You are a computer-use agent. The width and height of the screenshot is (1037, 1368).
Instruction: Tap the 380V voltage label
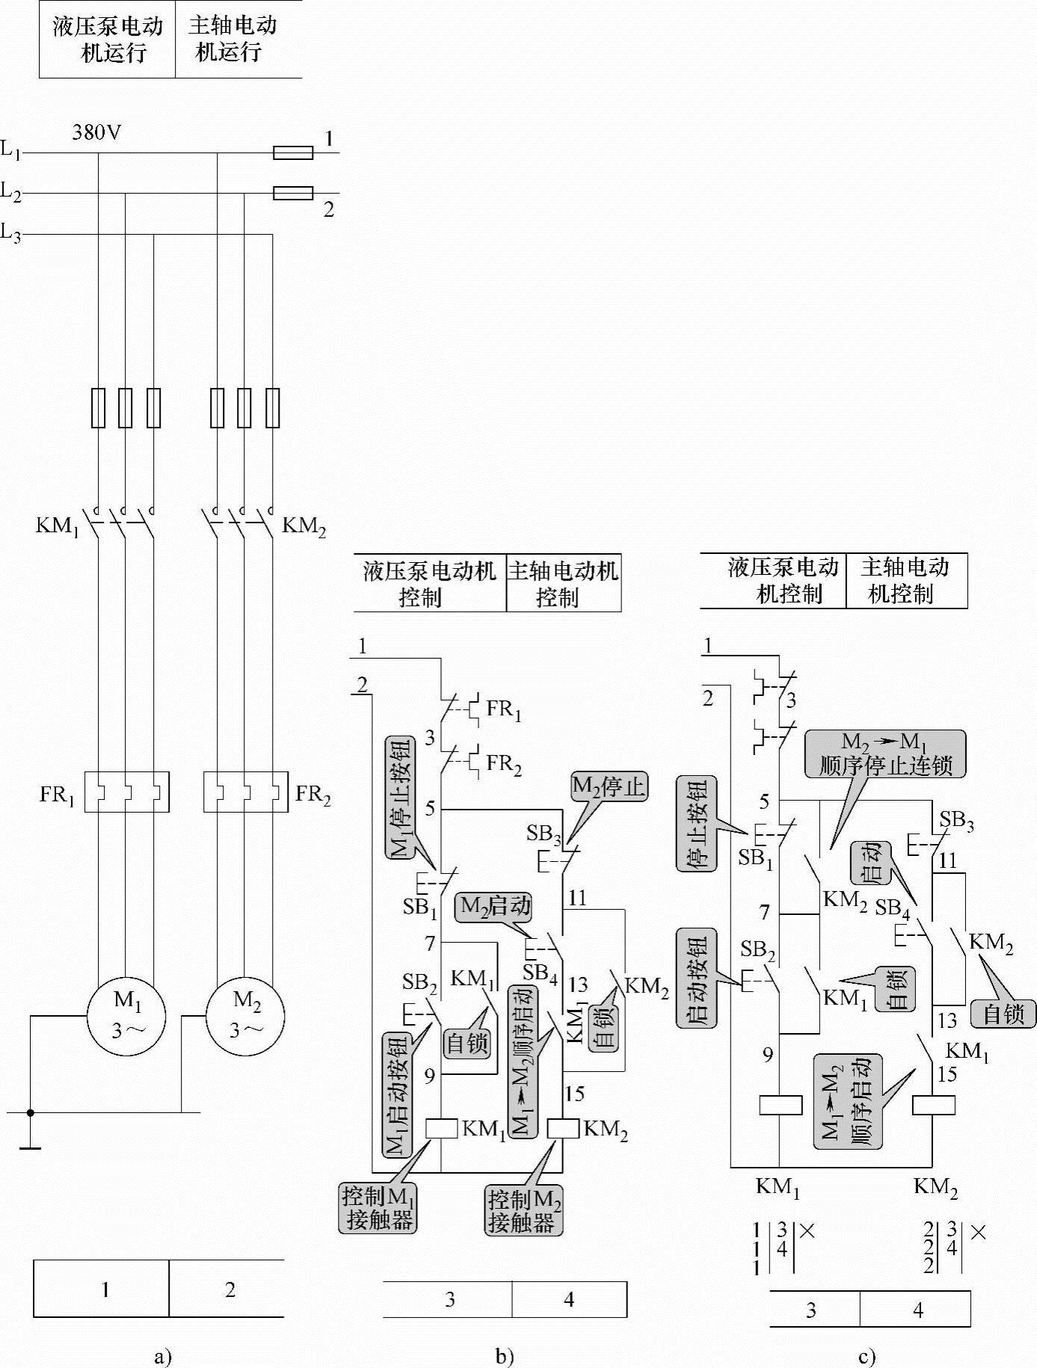click(x=96, y=133)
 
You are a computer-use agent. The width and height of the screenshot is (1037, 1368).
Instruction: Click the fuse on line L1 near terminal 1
click(x=293, y=153)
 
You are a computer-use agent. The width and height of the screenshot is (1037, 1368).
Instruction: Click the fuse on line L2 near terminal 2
click(x=293, y=194)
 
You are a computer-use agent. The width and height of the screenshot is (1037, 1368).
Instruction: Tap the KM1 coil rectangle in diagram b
click(x=441, y=1128)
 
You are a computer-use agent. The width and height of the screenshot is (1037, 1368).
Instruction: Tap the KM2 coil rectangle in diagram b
click(x=563, y=1128)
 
